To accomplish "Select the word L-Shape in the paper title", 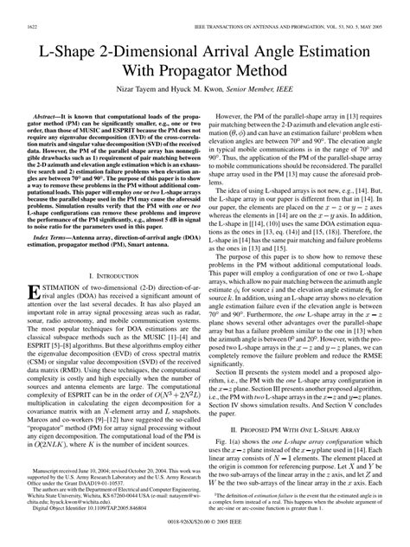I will (x=68, y=53).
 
